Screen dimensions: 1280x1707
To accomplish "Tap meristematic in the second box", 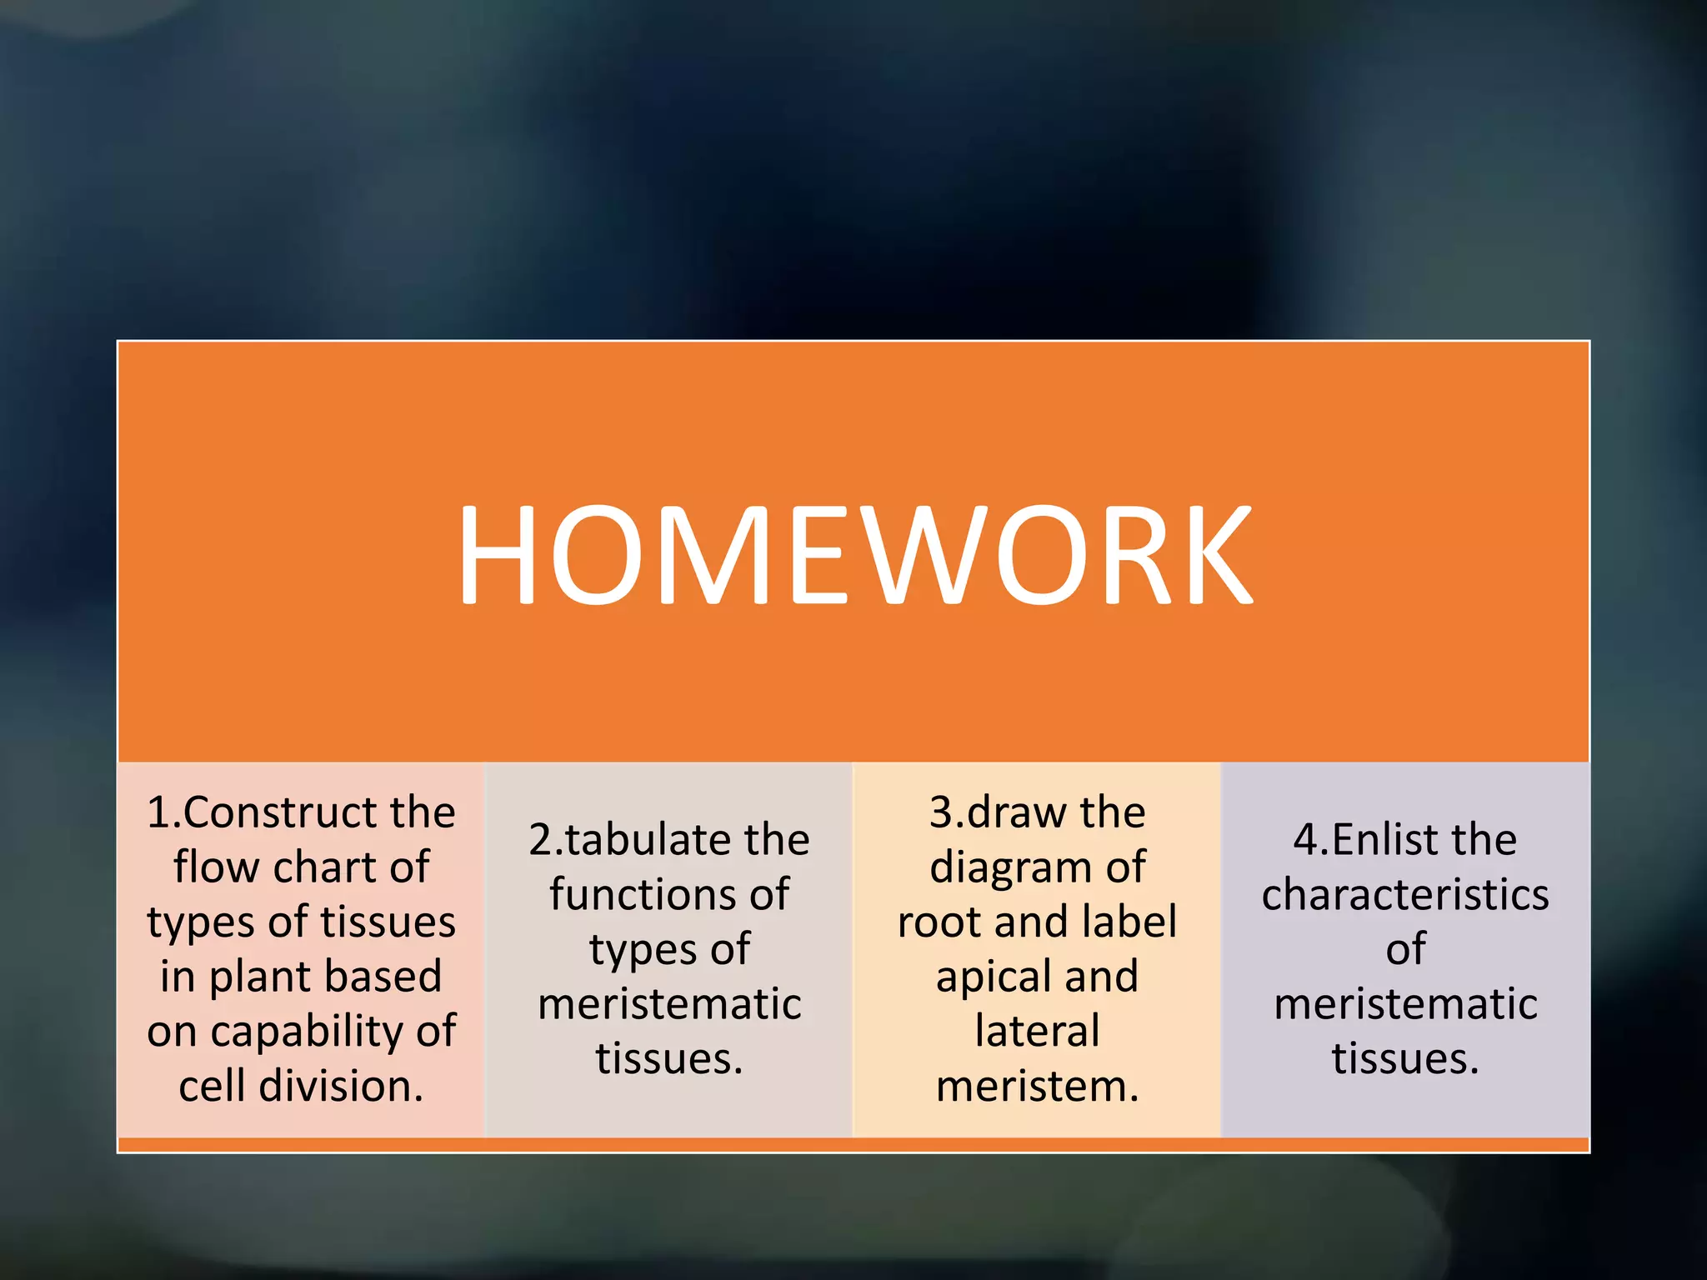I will tap(669, 1004).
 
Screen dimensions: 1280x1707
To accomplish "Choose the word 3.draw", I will tap(995, 812).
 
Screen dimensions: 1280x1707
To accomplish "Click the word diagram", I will tap(1009, 868).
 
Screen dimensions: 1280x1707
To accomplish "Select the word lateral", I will tap(1037, 1032).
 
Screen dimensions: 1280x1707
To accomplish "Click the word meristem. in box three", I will tap(1037, 1087).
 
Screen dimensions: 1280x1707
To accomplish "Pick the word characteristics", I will tap(1405, 895).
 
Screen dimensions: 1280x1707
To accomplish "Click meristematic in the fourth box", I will tap(1405, 1004).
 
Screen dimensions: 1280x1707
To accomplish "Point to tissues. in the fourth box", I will tap(1405, 1059).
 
